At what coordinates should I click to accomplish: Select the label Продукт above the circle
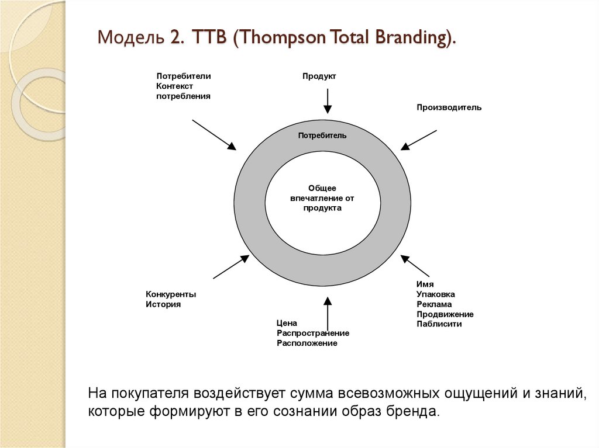click(x=319, y=77)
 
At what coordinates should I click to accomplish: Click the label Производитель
click(x=449, y=107)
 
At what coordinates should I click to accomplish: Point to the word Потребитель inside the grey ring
click(x=322, y=136)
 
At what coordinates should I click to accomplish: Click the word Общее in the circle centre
click(x=322, y=188)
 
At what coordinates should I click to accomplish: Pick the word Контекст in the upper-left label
click(x=174, y=86)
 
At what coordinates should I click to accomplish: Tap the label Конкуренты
click(x=171, y=294)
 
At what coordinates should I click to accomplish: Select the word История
click(x=163, y=304)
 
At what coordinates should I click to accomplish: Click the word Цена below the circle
click(x=287, y=323)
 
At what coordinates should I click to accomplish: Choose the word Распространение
click(x=313, y=333)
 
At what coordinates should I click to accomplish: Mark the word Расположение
click(x=307, y=343)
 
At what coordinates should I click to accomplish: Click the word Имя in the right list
click(x=425, y=284)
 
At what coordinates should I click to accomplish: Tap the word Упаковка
click(x=436, y=294)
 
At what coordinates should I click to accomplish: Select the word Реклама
click(x=434, y=304)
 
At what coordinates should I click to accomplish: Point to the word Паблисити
click(x=439, y=324)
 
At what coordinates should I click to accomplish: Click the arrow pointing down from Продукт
click(x=328, y=100)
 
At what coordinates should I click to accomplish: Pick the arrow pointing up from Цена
click(x=328, y=315)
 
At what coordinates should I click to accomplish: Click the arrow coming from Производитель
click(x=419, y=139)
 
